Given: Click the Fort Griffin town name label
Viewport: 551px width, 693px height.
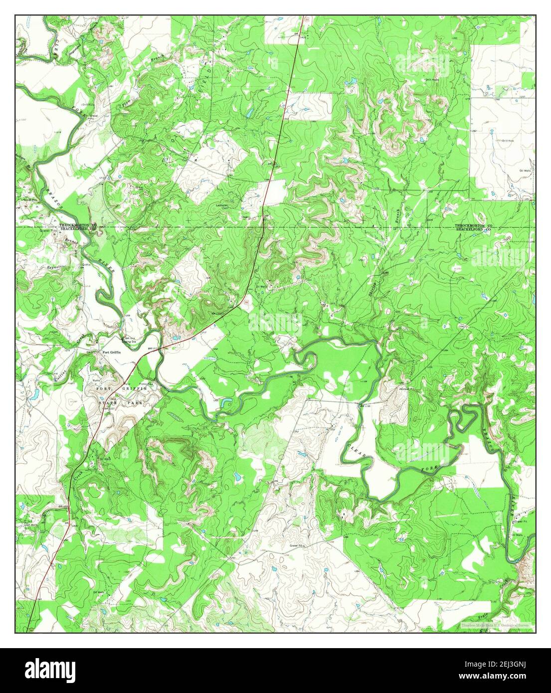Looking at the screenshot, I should (112, 352).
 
